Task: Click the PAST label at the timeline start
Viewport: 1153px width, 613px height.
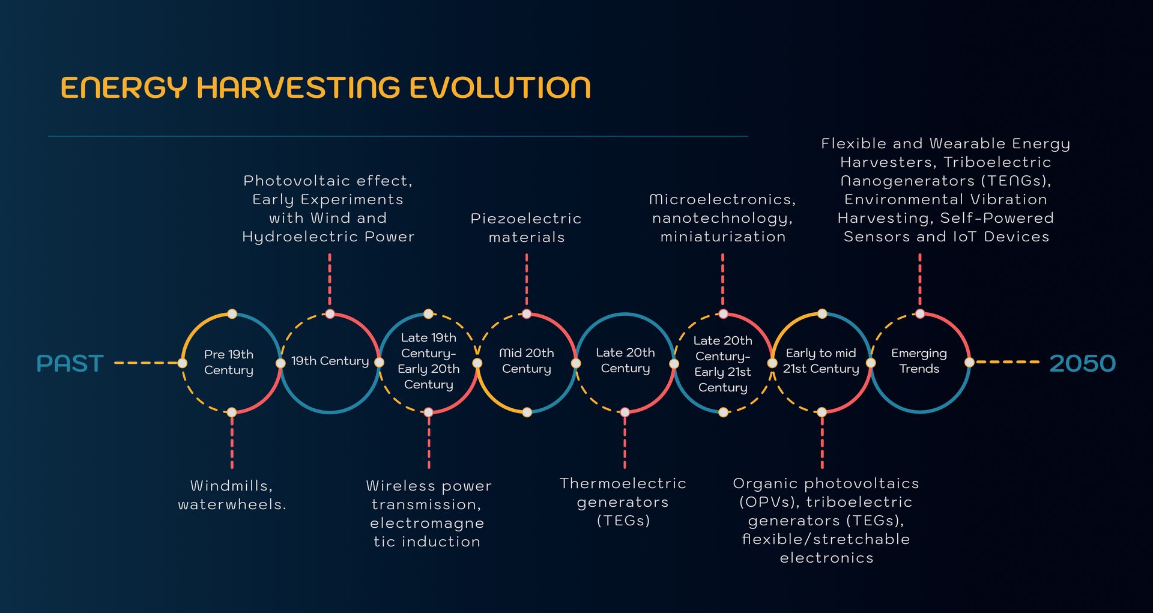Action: [70, 363]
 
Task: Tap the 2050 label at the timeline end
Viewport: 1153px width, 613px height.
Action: [1082, 363]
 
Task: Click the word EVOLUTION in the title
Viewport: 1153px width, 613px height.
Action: [500, 88]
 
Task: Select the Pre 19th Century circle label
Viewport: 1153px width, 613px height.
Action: [229, 362]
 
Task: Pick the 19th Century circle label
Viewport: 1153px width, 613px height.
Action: [330, 361]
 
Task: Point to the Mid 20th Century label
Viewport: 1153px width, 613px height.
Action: [527, 361]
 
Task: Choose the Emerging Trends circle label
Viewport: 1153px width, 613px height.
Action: [919, 361]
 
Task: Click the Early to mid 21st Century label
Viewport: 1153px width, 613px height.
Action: [821, 361]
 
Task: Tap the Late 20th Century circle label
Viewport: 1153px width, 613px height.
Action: [625, 360]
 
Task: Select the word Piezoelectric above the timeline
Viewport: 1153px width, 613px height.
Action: [526, 219]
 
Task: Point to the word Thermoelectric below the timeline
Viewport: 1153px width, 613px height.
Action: [623, 483]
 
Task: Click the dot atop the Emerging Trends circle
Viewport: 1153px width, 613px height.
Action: [919, 314]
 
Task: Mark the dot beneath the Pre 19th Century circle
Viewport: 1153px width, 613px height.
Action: [232, 412]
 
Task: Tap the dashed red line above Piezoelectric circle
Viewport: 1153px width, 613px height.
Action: [527, 281]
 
